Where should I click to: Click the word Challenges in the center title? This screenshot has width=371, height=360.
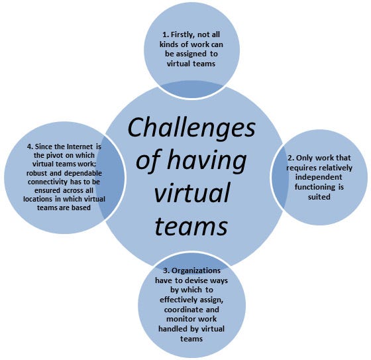[x=191, y=129]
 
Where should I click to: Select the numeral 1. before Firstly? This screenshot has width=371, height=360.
[x=166, y=34]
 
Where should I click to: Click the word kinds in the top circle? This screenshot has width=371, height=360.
[x=169, y=44]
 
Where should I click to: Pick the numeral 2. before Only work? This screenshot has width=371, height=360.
[x=291, y=158]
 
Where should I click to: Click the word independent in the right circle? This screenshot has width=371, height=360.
[x=319, y=177]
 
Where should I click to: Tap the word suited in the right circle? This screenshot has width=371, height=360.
[x=319, y=197]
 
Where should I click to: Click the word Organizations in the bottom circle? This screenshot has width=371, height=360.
[x=196, y=270]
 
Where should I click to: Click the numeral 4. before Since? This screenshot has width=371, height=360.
[x=30, y=147]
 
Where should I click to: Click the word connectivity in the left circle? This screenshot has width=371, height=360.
[x=48, y=182]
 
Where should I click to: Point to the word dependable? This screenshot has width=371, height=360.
[x=83, y=173]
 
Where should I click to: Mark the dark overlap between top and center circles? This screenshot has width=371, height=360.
[x=192, y=90]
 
